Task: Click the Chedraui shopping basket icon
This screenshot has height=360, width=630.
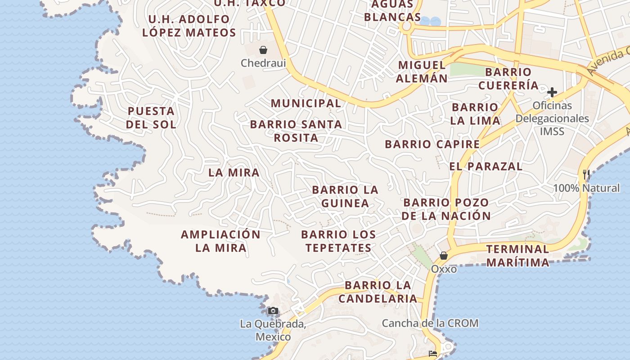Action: (263, 50)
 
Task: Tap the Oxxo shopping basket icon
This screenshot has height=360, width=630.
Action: (444, 256)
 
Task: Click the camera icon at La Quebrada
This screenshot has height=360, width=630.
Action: (273, 310)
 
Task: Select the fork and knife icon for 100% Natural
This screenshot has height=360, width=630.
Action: (586, 174)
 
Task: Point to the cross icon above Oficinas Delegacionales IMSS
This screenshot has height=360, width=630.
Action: (552, 93)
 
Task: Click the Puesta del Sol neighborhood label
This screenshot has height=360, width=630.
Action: (151, 117)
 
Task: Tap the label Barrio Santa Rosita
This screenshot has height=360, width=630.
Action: (296, 130)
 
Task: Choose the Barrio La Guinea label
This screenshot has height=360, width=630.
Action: (345, 196)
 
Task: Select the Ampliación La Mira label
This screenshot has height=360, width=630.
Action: (220, 241)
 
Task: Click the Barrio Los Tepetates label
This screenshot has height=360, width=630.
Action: (338, 241)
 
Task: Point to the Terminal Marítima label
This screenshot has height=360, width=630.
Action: (517, 256)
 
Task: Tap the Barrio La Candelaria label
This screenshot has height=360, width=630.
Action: (378, 292)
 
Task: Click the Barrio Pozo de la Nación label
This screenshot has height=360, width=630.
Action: (446, 209)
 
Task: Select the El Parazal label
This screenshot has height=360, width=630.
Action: (486, 166)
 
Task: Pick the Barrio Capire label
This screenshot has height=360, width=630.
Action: (432, 144)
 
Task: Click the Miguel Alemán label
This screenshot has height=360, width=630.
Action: (422, 71)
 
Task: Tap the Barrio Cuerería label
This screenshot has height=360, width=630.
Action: (508, 78)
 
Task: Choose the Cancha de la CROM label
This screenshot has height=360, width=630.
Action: (430, 323)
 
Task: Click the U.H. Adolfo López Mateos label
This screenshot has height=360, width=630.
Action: (189, 26)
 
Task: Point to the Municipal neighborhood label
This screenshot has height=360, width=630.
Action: (306, 103)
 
